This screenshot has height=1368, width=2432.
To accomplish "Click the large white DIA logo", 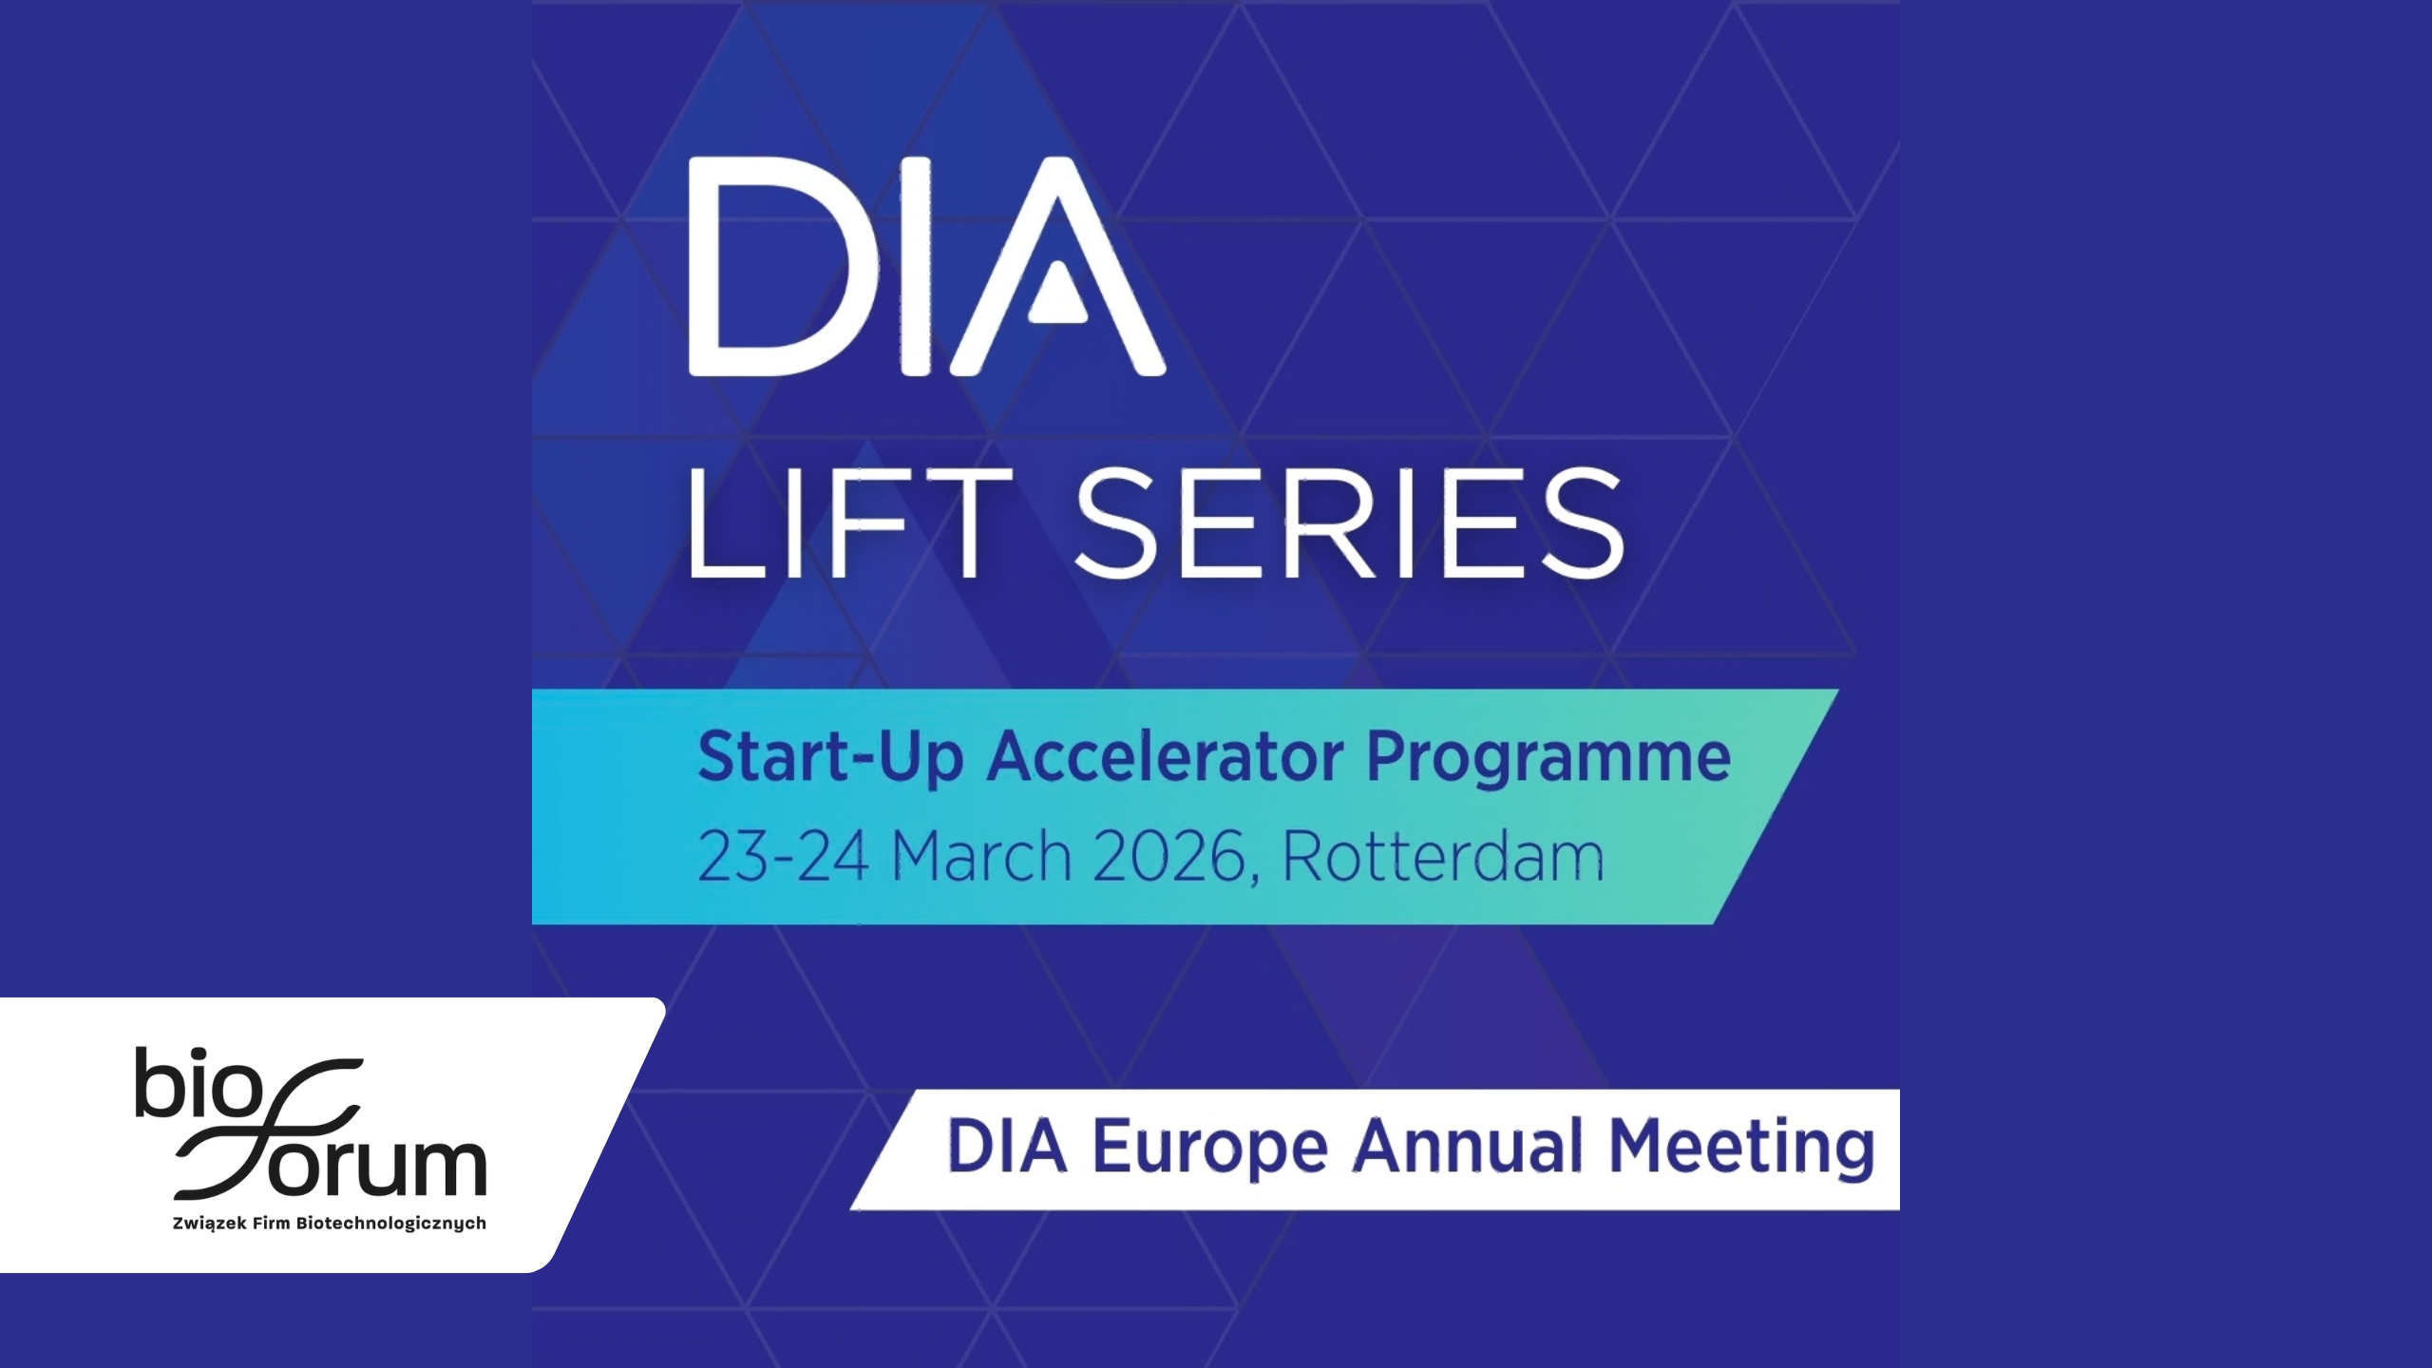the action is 927,266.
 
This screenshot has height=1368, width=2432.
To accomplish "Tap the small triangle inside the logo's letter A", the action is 1057,293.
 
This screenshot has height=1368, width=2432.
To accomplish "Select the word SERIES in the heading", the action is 1350,523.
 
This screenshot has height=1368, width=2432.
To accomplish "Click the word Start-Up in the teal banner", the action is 831,757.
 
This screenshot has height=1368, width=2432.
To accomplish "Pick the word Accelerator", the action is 1166,756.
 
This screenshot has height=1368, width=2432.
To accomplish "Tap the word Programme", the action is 1548,757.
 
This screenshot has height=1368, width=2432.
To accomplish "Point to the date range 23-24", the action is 783,856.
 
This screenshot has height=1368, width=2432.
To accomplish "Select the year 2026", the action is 1169,856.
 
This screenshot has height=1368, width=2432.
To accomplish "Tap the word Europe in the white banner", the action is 1209,1148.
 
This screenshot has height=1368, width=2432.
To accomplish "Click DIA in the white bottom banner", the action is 1007,1146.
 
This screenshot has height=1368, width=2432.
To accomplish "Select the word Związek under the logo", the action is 210,1224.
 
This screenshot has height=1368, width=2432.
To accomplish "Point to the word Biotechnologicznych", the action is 391,1224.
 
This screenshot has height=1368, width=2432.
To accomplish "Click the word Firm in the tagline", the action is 271,1223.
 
